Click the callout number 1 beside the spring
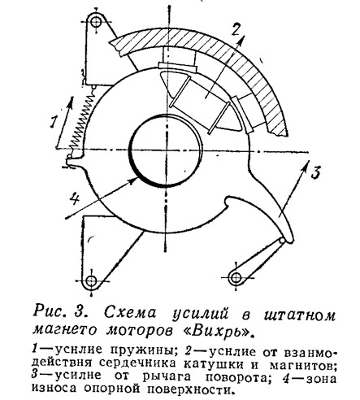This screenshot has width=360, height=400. click(54, 121)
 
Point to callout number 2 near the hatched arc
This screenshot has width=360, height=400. click(236, 29)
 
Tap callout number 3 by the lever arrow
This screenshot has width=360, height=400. click(315, 172)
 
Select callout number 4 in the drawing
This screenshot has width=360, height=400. click(74, 200)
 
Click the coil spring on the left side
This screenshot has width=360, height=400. click(83, 120)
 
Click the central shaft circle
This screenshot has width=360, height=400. click(167, 150)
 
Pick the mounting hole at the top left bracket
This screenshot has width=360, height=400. click(96, 22)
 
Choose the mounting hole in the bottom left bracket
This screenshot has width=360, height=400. click(91, 280)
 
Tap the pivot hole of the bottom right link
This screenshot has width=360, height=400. click(235, 277)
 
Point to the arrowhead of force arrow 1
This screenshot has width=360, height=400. click(71, 102)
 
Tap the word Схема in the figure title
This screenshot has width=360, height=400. click(131, 314)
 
